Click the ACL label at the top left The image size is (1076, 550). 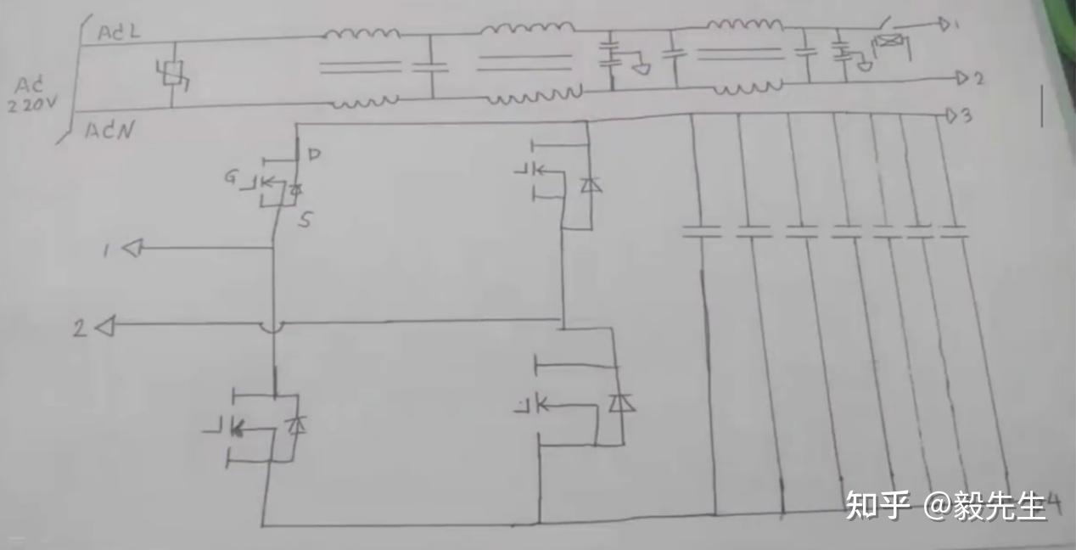click(x=119, y=33)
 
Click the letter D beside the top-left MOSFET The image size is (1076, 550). click(x=314, y=154)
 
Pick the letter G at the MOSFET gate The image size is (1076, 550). click(x=232, y=177)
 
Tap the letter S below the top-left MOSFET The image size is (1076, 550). click(x=305, y=221)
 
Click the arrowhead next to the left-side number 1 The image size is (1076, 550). click(x=132, y=248)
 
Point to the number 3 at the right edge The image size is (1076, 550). click(x=965, y=116)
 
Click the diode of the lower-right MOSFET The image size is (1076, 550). click(x=623, y=402)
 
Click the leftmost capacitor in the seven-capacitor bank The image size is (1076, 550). click(x=702, y=231)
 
